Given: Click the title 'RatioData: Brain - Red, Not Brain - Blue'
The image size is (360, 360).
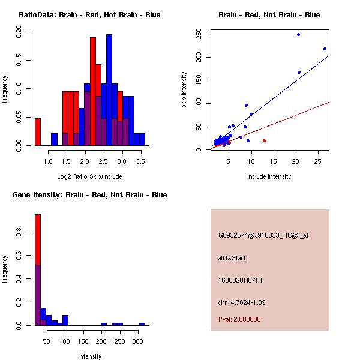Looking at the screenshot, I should click(x=89, y=14).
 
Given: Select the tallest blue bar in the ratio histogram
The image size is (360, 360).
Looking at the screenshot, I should click(x=109, y=90).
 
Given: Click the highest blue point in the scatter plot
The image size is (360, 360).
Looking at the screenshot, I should click(x=298, y=35).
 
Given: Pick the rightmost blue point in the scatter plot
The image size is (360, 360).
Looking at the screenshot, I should click(x=325, y=49).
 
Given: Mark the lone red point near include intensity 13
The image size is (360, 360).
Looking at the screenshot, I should click(x=264, y=140).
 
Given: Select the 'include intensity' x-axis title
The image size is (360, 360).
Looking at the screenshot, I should click(x=269, y=176).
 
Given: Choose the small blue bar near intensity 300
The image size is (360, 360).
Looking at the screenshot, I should click(x=142, y=324).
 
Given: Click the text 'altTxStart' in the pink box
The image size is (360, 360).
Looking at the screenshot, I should click(x=232, y=258).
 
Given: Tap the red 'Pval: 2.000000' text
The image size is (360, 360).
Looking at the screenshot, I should click(x=239, y=319).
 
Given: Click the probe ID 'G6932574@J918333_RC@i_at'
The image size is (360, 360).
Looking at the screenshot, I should click(x=263, y=236).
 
